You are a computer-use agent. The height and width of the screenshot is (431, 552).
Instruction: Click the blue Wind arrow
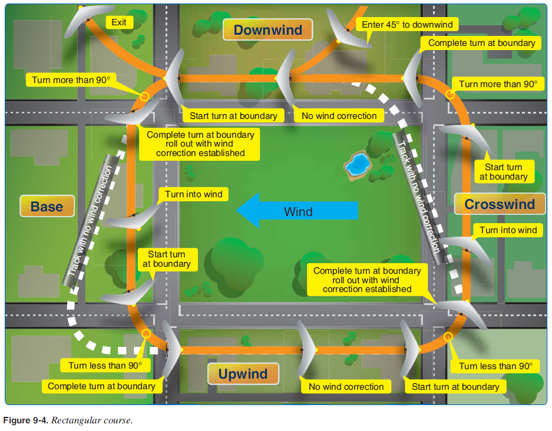[298, 211]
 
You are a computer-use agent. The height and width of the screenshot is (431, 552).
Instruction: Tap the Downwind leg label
[267, 31]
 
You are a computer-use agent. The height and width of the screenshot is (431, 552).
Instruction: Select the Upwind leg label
[243, 374]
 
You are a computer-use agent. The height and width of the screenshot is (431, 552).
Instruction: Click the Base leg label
[47, 207]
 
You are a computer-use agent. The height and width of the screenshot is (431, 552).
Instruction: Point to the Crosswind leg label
[500, 204]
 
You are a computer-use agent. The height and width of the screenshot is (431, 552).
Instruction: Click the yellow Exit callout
[118, 22]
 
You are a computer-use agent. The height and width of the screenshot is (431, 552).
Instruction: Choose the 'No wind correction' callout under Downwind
[339, 116]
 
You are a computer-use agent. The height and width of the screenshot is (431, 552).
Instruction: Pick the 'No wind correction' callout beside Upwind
[346, 387]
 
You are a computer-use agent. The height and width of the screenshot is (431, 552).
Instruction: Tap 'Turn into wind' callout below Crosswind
[508, 230]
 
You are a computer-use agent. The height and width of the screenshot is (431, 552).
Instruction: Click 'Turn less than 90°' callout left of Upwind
[105, 366]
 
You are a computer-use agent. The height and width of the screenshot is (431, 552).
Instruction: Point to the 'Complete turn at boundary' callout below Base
[101, 386]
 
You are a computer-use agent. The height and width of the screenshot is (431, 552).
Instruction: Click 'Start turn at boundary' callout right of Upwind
[455, 387]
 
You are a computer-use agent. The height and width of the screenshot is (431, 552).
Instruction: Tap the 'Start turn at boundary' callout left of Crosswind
[503, 172]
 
